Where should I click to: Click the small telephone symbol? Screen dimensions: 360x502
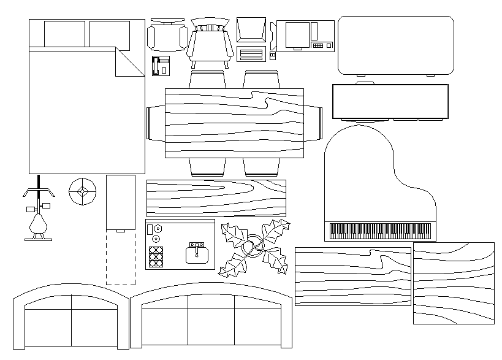tap(160, 65)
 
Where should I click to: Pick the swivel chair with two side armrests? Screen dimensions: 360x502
tap(167, 37)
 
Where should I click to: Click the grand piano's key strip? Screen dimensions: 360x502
tap(380, 231)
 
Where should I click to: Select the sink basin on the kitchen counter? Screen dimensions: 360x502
tap(197, 252)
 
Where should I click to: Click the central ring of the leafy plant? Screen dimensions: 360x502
tap(254, 247)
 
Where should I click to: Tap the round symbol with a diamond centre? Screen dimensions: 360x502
tap(82, 192)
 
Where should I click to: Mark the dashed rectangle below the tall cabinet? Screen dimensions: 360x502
tap(121, 258)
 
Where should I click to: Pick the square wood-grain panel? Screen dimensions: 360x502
tap(454, 283)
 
